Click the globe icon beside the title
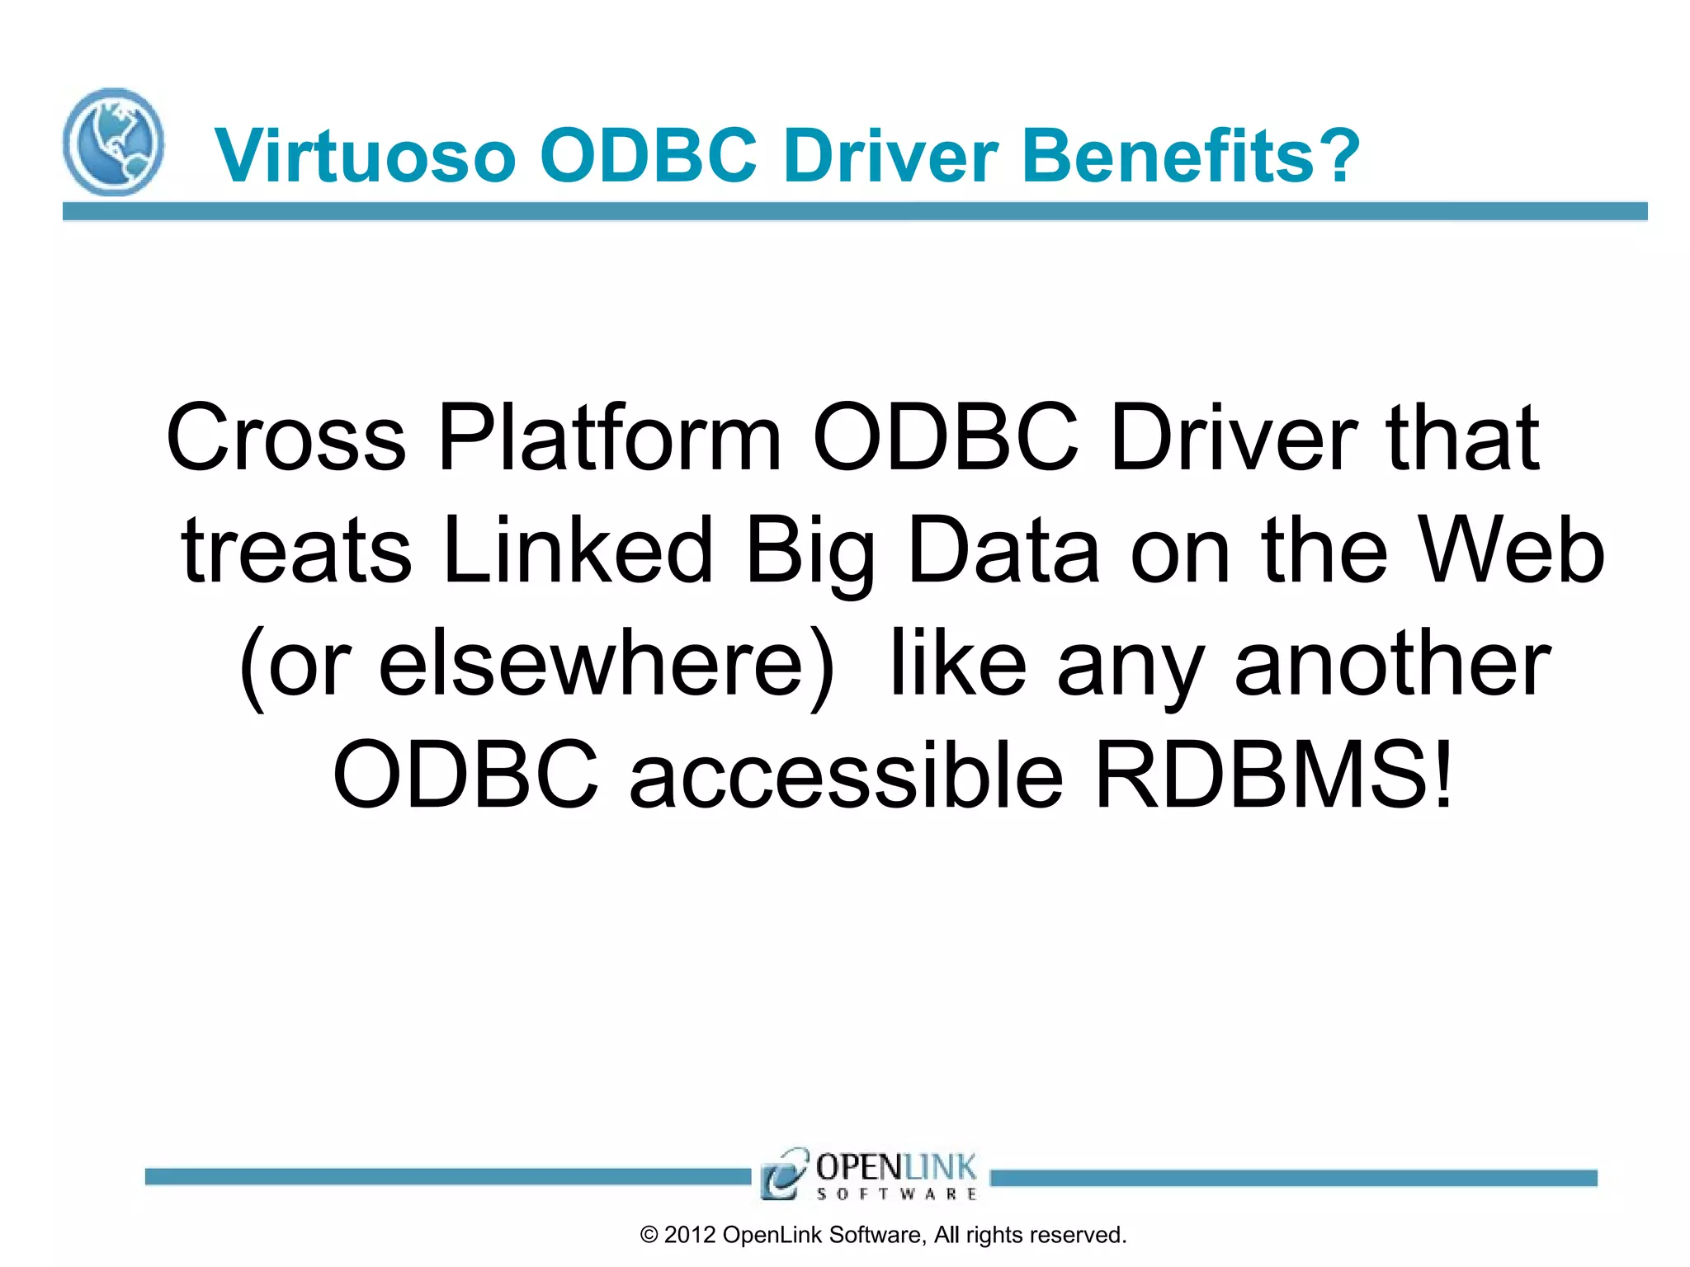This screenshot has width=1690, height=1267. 113,142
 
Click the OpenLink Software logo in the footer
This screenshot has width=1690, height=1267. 870,1174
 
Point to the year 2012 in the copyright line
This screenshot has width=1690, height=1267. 689,1235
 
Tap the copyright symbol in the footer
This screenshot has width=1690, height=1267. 649,1235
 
